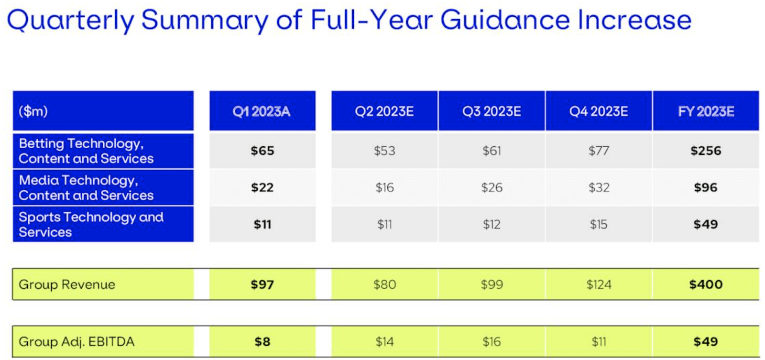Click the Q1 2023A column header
click(262, 111)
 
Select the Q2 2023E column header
click(384, 111)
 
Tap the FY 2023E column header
click(706, 111)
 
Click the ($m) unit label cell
click(33, 111)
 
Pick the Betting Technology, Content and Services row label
click(86, 151)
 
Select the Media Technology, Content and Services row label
click(86, 188)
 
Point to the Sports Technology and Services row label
click(91, 225)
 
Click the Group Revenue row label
click(67, 284)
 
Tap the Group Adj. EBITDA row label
click(76, 341)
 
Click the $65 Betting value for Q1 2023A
click(262, 151)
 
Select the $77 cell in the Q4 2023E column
click(599, 151)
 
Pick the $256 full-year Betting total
click(706, 151)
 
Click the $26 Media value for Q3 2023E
click(492, 188)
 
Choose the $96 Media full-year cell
click(706, 188)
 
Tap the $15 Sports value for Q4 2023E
click(599, 225)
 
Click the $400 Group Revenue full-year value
click(706, 284)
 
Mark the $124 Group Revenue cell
click(599, 284)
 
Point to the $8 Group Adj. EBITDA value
click(262, 341)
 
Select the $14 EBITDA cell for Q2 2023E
click(384, 341)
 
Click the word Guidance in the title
click(505, 20)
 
